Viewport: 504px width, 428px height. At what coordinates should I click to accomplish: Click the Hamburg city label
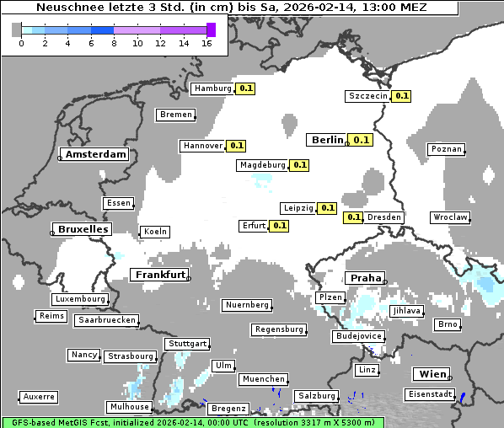point(212,88)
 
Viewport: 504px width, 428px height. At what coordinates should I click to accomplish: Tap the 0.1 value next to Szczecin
point(402,96)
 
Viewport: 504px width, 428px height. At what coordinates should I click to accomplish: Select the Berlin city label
point(327,140)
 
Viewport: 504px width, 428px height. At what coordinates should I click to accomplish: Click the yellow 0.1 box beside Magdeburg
point(299,165)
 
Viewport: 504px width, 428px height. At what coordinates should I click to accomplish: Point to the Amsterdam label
point(95,154)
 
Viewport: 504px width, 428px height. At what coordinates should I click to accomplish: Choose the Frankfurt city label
point(160,275)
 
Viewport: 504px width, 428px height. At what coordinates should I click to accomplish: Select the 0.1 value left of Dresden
point(354,217)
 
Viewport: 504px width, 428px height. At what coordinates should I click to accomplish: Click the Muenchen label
point(263,379)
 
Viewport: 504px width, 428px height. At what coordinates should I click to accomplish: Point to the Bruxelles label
point(82,229)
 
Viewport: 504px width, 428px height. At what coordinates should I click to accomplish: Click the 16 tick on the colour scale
point(206,42)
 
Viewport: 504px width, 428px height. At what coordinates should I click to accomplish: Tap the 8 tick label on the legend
point(114,42)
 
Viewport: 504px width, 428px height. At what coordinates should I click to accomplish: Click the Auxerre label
point(39,396)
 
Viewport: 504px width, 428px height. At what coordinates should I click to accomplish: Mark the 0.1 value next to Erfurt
point(279,226)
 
